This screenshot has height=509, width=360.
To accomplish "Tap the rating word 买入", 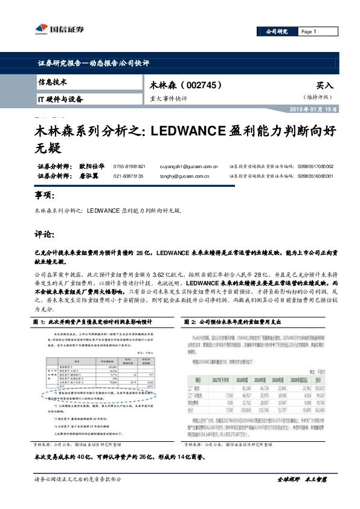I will (x=324, y=86).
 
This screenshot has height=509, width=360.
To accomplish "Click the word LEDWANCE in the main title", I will (x=188, y=130).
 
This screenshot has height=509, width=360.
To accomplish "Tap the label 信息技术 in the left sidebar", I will (x=53, y=82).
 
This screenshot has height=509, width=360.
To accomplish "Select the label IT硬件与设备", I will (x=60, y=99).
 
